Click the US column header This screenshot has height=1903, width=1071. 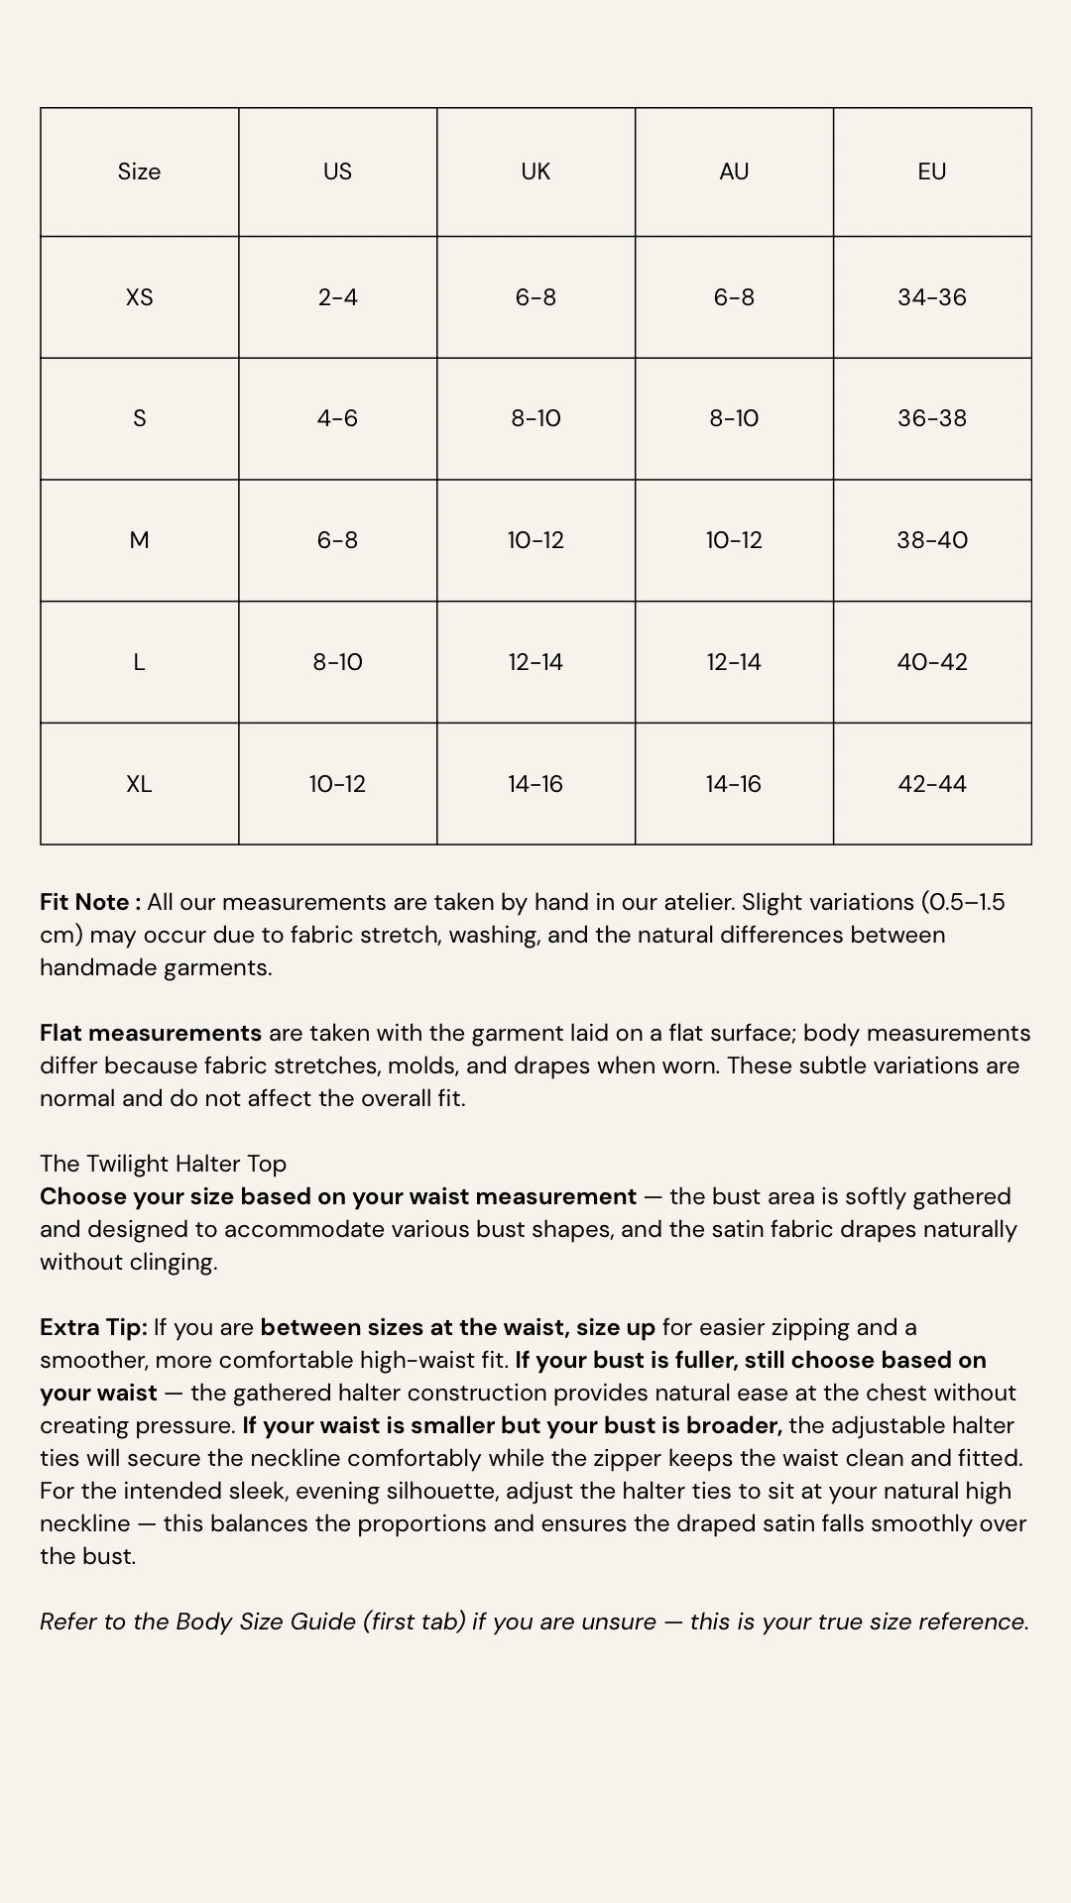pyautogui.click(x=337, y=171)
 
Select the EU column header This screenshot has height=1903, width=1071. pyautogui.click(x=932, y=171)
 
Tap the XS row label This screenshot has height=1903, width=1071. pyautogui.click(x=139, y=297)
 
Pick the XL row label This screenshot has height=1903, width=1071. pyautogui.click(x=139, y=784)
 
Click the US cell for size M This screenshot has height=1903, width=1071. pyautogui.click(x=337, y=540)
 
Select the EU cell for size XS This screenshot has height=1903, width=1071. pyautogui.click(x=932, y=297)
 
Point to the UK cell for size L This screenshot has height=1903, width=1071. pyautogui.click(x=535, y=662)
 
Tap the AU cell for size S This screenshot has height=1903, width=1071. pyautogui.click(x=734, y=418)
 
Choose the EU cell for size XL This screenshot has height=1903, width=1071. pyautogui.click(x=932, y=784)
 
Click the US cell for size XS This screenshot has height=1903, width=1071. pyautogui.click(x=337, y=297)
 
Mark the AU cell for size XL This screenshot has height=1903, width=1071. pyautogui.click(x=734, y=784)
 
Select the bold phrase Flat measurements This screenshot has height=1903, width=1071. pyautogui.click(x=151, y=1033)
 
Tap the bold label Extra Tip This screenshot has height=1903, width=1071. pyautogui.click(x=93, y=1327)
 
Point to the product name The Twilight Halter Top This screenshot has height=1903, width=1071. pyautogui.click(x=163, y=1164)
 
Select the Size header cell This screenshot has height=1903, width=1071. pyautogui.click(x=139, y=171)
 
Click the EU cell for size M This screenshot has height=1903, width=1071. pyautogui.click(x=932, y=540)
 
